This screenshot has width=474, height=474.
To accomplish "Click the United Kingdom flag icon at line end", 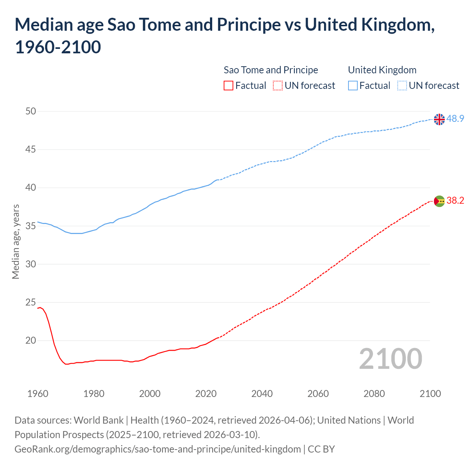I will [x=439, y=119].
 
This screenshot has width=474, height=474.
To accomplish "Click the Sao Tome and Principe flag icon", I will [x=439, y=201].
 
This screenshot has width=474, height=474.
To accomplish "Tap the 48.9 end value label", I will [x=455, y=118].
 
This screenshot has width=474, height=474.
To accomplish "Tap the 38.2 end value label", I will [x=455, y=200].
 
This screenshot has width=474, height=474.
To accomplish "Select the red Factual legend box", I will [x=228, y=86].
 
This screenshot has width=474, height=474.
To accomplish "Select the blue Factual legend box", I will [x=353, y=86].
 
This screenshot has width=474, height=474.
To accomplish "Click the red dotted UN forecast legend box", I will [x=278, y=86].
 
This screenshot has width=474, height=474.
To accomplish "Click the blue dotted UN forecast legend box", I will [x=402, y=86].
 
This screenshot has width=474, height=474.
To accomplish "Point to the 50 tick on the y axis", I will [x=31, y=111].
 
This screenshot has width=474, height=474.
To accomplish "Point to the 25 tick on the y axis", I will [x=31, y=303].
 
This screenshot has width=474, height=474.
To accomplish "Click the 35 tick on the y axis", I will [x=31, y=226].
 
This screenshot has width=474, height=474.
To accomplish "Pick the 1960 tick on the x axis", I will [x=38, y=394].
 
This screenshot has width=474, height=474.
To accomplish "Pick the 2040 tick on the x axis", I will [x=262, y=394].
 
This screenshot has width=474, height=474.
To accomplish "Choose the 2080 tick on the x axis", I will [x=374, y=394].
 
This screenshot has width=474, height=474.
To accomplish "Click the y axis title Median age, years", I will [x=16, y=241].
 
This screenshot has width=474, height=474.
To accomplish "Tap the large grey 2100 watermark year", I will [x=390, y=358].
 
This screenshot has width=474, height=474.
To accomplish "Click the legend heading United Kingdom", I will [x=382, y=70].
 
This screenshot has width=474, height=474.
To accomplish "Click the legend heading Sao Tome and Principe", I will [x=271, y=70].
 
